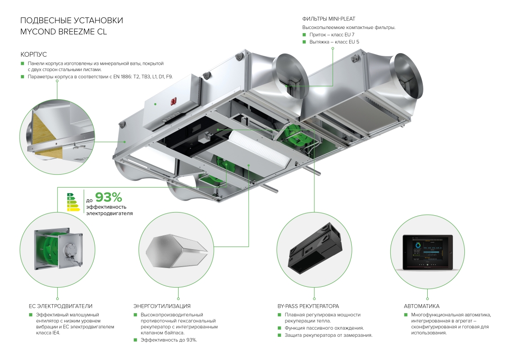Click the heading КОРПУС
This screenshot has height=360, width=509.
tap(33, 54)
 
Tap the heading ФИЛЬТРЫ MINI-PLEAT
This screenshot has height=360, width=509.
tap(329, 19)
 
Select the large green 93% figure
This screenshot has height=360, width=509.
tap(109, 197)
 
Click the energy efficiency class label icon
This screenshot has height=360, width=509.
tap(73, 202)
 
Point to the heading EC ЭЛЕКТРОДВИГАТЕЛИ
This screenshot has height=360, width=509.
tap(60, 306)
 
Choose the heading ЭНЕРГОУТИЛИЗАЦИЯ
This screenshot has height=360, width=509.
tap(162, 306)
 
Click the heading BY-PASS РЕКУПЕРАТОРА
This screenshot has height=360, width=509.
tap(308, 306)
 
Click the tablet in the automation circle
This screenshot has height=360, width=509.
tap(428, 252)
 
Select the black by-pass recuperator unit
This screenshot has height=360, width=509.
tap(315, 246)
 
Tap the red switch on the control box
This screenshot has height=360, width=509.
tap(172, 101)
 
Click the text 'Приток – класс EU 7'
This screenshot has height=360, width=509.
tap(332, 35)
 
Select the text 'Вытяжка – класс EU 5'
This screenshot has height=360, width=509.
tap(334, 42)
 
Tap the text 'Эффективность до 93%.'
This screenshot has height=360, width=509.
tap(169, 340)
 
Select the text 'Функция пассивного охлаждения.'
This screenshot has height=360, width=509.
tap(324, 328)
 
